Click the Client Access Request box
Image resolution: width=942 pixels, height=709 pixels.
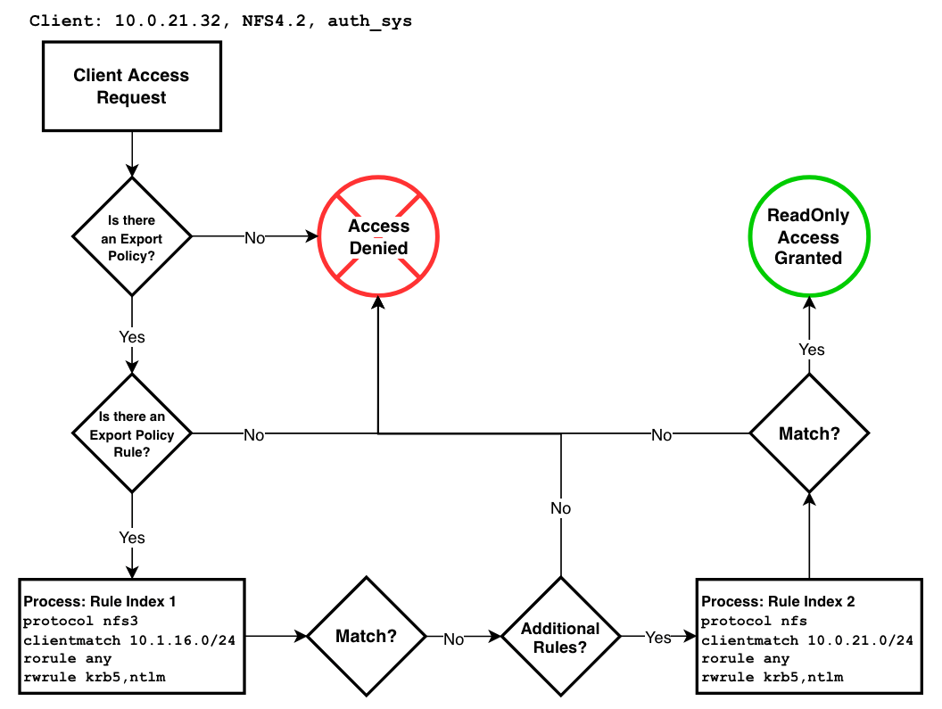[x=131, y=87]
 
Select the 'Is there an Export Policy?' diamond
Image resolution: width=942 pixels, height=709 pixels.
[x=131, y=236]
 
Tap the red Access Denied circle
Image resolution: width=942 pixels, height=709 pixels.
[x=378, y=237]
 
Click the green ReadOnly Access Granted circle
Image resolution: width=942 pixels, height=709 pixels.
[x=808, y=237]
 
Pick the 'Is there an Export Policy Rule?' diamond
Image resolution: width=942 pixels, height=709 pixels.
[x=131, y=434]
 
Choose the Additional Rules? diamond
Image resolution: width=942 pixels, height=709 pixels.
[x=560, y=637]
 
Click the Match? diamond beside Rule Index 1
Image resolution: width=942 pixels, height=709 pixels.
[x=366, y=637]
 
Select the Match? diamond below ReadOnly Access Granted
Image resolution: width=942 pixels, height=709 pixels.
[x=809, y=433]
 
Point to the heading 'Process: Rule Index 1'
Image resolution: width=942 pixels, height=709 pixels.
[x=99, y=601]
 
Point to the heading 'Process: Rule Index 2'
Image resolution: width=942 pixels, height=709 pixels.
[x=778, y=601]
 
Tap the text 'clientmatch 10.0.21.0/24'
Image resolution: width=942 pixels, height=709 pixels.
[x=806, y=639]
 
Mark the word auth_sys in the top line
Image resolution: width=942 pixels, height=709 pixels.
[x=369, y=21]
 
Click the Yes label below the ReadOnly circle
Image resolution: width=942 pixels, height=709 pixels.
[x=811, y=350]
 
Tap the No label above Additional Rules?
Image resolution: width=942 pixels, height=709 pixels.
[x=560, y=508]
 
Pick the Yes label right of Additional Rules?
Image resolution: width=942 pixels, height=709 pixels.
[x=657, y=637]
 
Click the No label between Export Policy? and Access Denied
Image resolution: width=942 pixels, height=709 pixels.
[x=254, y=237]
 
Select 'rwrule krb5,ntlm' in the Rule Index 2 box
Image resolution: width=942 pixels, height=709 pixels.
[x=773, y=678]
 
